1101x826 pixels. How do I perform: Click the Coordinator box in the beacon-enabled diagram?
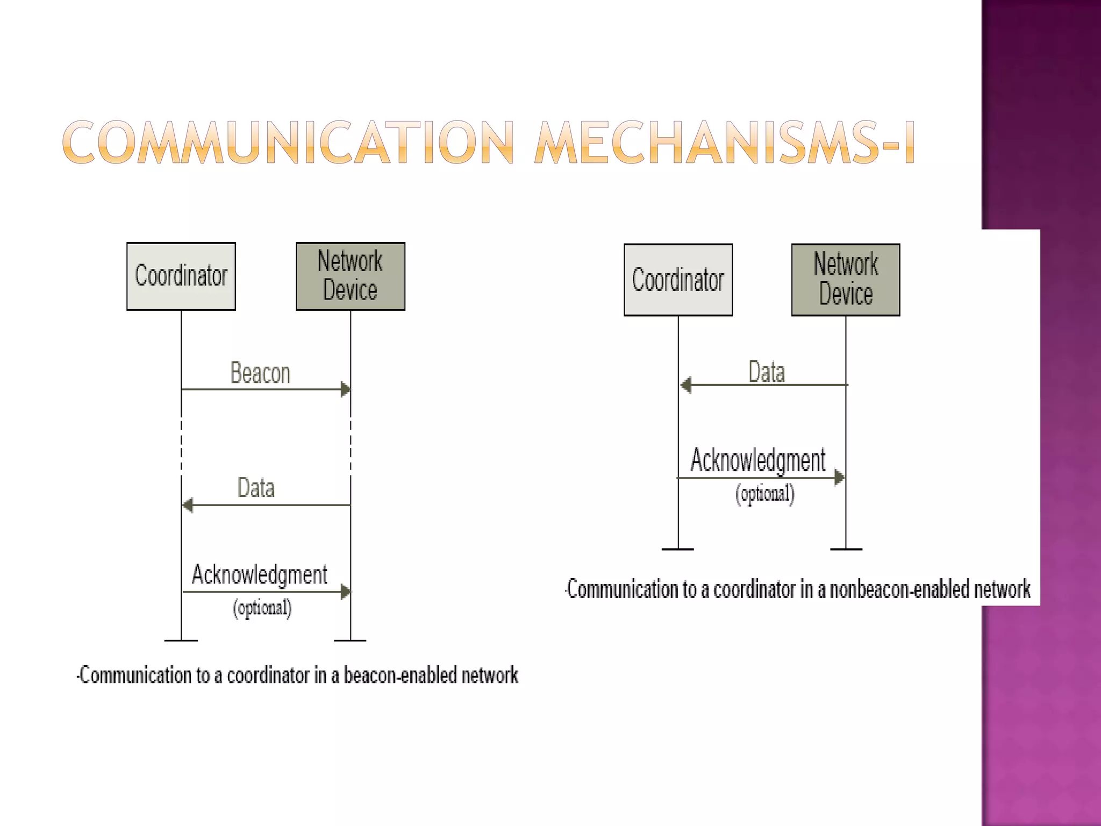click(x=181, y=276)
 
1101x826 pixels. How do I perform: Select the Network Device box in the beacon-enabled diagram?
click(x=351, y=276)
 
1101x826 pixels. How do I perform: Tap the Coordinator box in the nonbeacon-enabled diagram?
click(x=678, y=280)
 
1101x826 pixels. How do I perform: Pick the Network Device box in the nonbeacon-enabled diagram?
click(x=846, y=280)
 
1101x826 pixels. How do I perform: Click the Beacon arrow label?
click(x=260, y=373)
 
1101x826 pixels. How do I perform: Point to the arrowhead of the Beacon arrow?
click(x=346, y=389)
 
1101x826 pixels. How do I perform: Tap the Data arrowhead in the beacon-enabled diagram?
click(x=188, y=505)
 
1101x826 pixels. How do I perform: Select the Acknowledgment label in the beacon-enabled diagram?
click(x=260, y=575)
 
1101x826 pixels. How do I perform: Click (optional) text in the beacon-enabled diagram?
click(x=262, y=608)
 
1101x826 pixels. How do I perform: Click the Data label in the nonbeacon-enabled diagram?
click(x=767, y=372)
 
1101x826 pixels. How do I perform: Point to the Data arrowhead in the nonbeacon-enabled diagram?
click(x=686, y=385)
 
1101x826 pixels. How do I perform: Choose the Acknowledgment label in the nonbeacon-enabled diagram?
click(x=758, y=460)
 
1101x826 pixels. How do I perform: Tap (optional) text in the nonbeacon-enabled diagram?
click(x=765, y=494)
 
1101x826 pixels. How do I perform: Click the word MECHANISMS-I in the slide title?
click(x=724, y=143)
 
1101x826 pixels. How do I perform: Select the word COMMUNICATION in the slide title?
click(x=288, y=143)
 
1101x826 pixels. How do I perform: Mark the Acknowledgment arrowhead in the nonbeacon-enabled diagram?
click(x=839, y=477)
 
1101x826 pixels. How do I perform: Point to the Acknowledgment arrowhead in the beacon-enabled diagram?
click(x=346, y=592)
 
